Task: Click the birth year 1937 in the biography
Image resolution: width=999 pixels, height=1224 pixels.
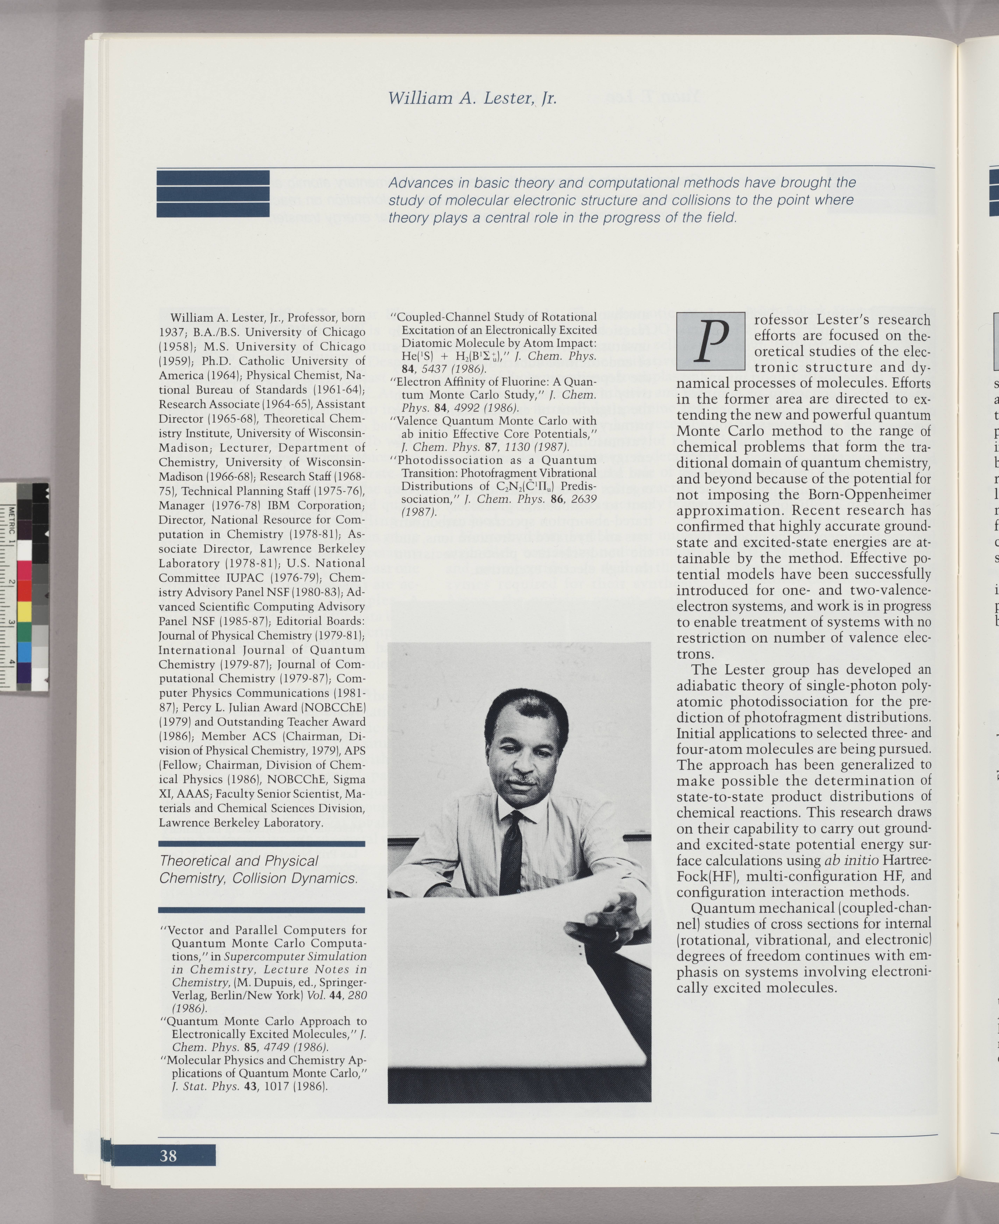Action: pyautogui.click(x=172, y=332)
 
